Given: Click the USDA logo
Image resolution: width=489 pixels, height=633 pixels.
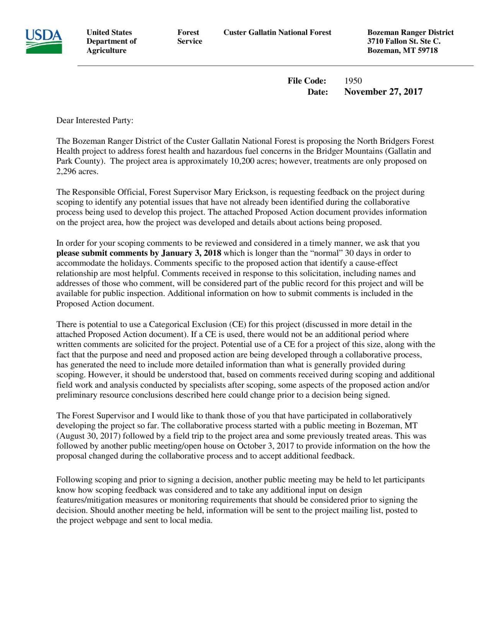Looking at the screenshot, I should [44, 41].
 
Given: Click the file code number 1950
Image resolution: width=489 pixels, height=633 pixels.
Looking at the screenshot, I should [353, 81].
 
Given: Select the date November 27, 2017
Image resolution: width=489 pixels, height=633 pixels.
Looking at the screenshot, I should [383, 92].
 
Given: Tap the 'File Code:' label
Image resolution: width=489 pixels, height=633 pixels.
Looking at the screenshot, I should [307, 81].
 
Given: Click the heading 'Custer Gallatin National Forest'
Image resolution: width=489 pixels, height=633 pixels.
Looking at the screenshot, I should [277, 32].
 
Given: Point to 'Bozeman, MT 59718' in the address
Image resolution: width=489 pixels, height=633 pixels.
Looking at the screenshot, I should [402, 51].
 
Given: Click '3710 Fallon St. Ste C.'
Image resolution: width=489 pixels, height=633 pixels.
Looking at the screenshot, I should [404, 41].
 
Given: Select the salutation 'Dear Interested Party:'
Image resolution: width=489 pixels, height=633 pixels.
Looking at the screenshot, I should [95, 121].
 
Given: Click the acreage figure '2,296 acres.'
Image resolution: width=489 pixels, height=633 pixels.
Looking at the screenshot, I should [77, 172].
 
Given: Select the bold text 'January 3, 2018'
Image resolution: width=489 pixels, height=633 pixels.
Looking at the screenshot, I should [191, 253].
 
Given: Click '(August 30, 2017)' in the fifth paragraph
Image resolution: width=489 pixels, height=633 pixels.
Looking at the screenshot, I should [89, 436].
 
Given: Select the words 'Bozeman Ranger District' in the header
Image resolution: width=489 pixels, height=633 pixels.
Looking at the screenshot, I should [410, 32].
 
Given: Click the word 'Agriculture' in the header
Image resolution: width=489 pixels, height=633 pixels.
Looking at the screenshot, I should [106, 51].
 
